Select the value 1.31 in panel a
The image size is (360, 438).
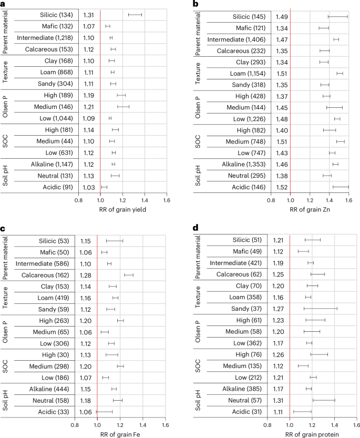click(x=88, y=14)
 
